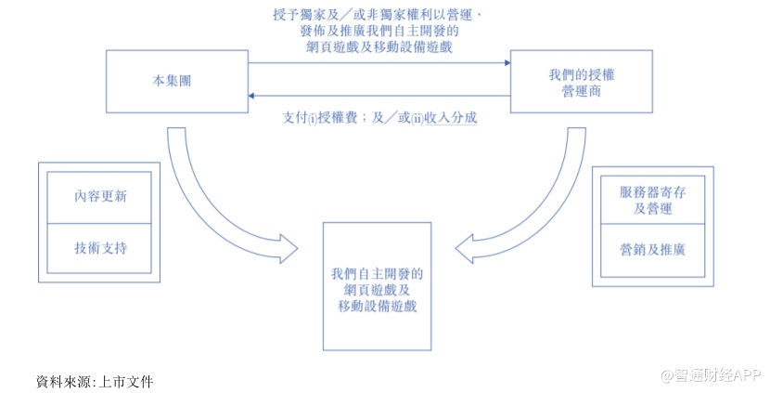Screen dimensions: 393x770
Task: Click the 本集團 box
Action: (x=177, y=81)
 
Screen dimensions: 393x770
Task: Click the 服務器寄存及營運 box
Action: (x=652, y=200)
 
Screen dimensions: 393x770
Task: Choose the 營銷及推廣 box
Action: (x=652, y=249)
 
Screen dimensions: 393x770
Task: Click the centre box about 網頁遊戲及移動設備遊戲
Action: (x=377, y=286)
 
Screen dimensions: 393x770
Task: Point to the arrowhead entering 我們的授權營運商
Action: (x=507, y=63)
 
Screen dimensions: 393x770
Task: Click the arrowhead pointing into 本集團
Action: (x=252, y=97)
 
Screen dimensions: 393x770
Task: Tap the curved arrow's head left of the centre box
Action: (x=289, y=249)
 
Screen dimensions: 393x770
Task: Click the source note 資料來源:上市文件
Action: (x=94, y=380)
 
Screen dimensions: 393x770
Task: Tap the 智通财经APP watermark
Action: (x=710, y=375)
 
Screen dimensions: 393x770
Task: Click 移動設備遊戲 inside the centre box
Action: (x=377, y=307)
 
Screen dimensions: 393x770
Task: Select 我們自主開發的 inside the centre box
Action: (x=377, y=273)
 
